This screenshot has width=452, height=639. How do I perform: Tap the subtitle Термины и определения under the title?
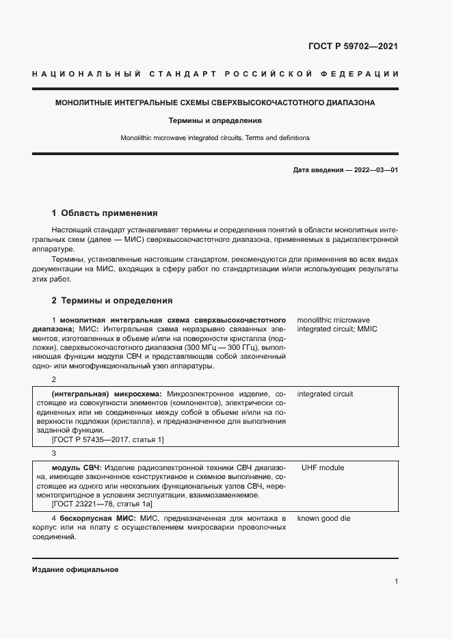point(215,120)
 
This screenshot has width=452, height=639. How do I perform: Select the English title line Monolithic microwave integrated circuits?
point(215,137)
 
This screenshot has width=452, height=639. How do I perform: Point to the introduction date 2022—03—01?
point(373,169)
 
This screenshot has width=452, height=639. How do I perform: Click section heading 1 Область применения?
point(105,213)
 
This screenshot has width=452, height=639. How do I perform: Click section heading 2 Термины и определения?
point(112,300)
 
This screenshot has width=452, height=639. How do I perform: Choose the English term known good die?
point(323,518)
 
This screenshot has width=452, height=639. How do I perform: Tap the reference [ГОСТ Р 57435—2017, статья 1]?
point(107,439)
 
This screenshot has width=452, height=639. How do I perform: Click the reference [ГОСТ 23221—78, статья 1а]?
point(102,503)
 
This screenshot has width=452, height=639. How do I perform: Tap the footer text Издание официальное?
point(75,569)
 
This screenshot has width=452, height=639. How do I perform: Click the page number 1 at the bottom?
point(396,581)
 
